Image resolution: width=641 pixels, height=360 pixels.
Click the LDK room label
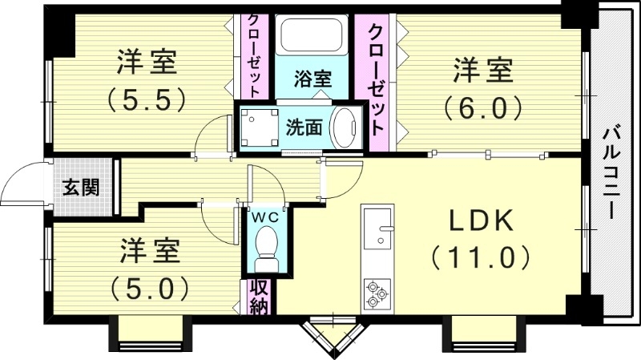[x=480, y=221]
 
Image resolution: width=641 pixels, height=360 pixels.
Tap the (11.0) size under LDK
[x=480, y=258]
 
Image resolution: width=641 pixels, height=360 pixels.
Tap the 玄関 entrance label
[x=81, y=188]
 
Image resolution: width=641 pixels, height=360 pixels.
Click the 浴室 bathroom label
[x=312, y=79]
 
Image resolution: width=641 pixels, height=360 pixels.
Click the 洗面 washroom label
[x=304, y=127]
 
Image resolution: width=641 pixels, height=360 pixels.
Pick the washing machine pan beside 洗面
[x=258, y=126]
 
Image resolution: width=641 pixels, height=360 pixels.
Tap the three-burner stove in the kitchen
[x=375, y=293]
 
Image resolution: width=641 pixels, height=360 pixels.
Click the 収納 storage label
[x=258, y=296]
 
